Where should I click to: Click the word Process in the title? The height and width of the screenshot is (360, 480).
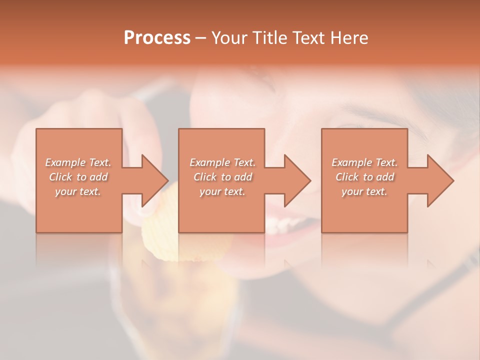[x=157, y=38]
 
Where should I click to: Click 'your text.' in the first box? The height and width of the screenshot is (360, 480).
[x=78, y=191]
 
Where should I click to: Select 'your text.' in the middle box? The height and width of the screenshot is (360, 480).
[x=222, y=191]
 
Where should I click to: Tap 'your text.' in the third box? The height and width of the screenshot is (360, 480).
[x=364, y=191]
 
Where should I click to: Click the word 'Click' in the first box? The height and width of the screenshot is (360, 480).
[x=60, y=177]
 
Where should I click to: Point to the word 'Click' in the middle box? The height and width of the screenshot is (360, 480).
[x=205, y=177]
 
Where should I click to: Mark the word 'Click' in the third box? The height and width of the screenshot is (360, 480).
[x=347, y=177]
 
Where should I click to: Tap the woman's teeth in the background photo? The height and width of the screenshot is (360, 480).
[x=285, y=225]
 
